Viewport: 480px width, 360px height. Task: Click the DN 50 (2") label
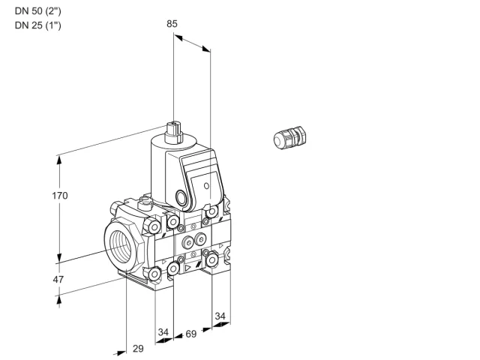click(x=38, y=11)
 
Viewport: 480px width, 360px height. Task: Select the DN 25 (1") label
click(x=38, y=25)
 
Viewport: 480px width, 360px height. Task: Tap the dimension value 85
click(x=172, y=24)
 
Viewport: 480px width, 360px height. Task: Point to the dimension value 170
click(x=60, y=195)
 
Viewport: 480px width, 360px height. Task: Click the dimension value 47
click(x=58, y=279)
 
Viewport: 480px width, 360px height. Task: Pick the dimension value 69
click(x=191, y=334)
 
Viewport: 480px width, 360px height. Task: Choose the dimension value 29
click(x=138, y=348)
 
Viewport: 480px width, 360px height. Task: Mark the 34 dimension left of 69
click(x=163, y=331)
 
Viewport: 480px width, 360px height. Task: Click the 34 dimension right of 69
click(x=220, y=316)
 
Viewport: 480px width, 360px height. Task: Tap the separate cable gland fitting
click(x=289, y=138)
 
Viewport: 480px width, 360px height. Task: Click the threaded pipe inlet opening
click(x=121, y=247)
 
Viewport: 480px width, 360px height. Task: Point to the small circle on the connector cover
click(x=206, y=186)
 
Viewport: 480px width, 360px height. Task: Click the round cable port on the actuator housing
click(x=180, y=196)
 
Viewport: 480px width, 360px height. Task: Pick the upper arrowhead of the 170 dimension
click(x=59, y=160)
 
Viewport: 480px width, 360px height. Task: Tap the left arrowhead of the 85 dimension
click(x=178, y=37)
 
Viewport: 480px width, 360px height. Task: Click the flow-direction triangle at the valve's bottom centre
click(x=187, y=268)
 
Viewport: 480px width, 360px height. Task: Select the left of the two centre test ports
click(x=187, y=243)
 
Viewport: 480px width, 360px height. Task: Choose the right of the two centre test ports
click(x=200, y=239)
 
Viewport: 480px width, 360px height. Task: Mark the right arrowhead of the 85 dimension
click(x=206, y=49)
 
